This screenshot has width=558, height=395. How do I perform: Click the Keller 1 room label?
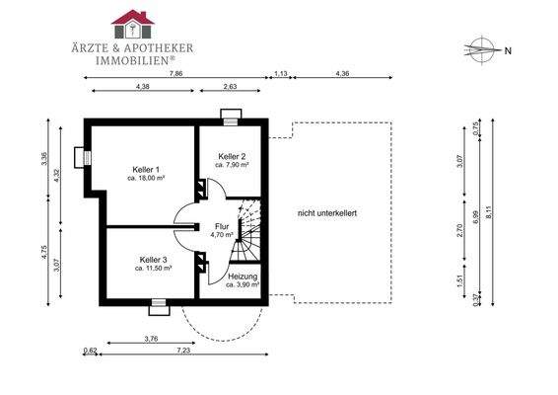[x=146, y=169]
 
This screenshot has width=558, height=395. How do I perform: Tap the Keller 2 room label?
[x=232, y=156]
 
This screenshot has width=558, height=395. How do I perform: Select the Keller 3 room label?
[x=154, y=260]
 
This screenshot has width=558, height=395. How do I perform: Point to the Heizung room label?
[x=243, y=276]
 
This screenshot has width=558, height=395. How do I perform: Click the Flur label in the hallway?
[x=222, y=226]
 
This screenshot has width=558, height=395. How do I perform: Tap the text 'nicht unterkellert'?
[x=327, y=213]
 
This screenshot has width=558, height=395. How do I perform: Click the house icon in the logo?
[x=133, y=25]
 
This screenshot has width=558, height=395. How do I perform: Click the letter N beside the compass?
[x=508, y=51]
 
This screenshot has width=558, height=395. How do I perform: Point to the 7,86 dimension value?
[x=175, y=74]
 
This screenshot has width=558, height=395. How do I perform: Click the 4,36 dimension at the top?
[x=342, y=74]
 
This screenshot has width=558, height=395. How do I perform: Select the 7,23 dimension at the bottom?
[x=183, y=351]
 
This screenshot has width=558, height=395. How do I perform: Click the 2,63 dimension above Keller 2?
[x=231, y=86]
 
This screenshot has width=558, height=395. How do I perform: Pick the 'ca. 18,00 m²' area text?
[x=146, y=178]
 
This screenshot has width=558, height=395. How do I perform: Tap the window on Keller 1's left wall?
[x=83, y=157]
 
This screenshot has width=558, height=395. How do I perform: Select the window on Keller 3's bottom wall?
[x=159, y=306]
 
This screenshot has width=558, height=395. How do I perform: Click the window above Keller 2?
[x=231, y=118]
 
